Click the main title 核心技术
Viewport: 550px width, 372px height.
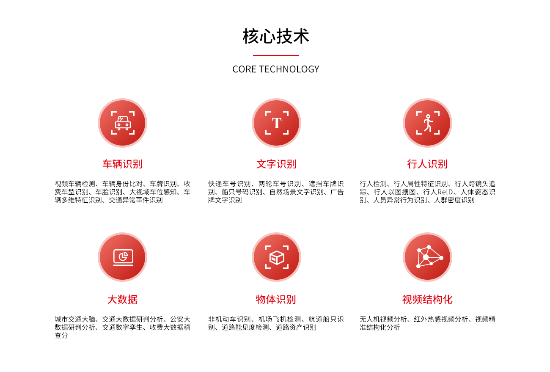click(276, 36)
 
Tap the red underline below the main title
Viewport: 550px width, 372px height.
click(276, 55)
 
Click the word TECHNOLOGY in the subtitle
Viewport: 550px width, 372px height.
click(289, 69)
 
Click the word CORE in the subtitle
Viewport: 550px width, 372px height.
click(245, 69)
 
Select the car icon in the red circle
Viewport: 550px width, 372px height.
click(123, 123)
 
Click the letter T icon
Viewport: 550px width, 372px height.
click(277, 123)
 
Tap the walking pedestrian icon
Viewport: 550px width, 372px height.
click(428, 123)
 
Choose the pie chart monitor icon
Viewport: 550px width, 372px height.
click(123, 257)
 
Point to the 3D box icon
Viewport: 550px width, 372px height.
click(277, 257)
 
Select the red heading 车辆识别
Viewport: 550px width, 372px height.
click(122, 164)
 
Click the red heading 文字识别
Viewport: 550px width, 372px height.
click(276, 164)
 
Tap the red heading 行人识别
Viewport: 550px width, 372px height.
click(427, 164)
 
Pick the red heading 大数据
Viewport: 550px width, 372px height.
click(122, 299)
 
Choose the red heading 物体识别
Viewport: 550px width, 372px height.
click(276, 299)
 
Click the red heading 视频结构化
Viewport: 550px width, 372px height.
click(427, 299)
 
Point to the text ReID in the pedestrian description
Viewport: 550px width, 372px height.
click(445, 192)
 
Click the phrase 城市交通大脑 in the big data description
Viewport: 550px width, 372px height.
click(75, 319)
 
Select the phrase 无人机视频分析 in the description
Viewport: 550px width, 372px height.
click(383, 319)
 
